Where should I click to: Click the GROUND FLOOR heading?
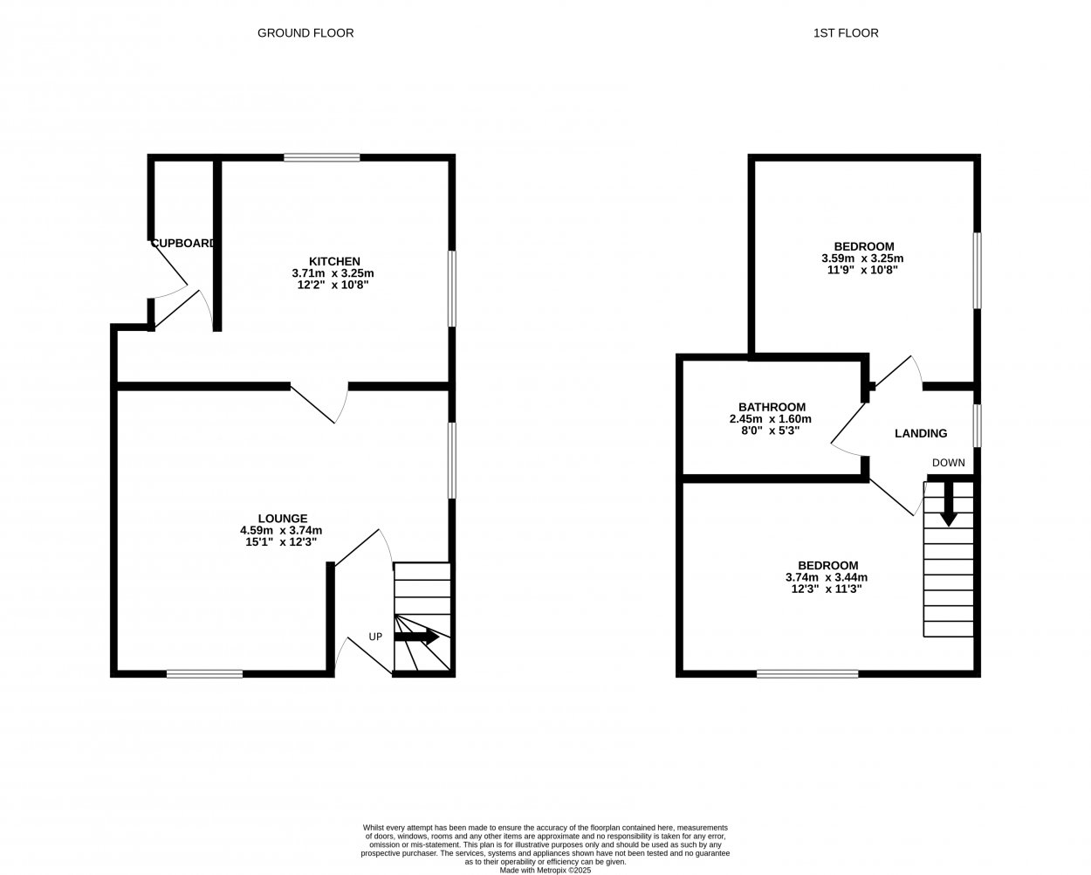tap(305, 33)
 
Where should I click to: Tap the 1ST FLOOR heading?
tap(846, 33)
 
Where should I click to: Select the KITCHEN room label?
tap(334, 261)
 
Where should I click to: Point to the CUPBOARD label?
tap(183, 243)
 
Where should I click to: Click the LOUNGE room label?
tap(283, 519)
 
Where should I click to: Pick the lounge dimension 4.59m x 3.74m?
tap(281, 531)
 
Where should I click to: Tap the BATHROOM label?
tap(772, 407)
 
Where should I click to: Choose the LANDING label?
tap(921, 433)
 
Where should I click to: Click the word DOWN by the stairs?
tap(949, 463)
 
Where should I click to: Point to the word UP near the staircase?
tap(375, 637)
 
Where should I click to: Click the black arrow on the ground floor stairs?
tap(416, 637)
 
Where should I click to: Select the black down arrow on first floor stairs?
tap(949, 504)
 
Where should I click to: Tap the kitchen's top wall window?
tap(322, 158)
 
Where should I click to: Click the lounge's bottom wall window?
tap(205, 673)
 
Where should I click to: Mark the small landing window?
tap(977, 425)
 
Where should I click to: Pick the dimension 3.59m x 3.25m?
tap(862, 258)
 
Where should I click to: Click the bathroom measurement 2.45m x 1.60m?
tap(771, 419)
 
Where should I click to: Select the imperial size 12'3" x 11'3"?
tap(827, 589)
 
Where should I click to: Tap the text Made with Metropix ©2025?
tap(545, 870)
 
